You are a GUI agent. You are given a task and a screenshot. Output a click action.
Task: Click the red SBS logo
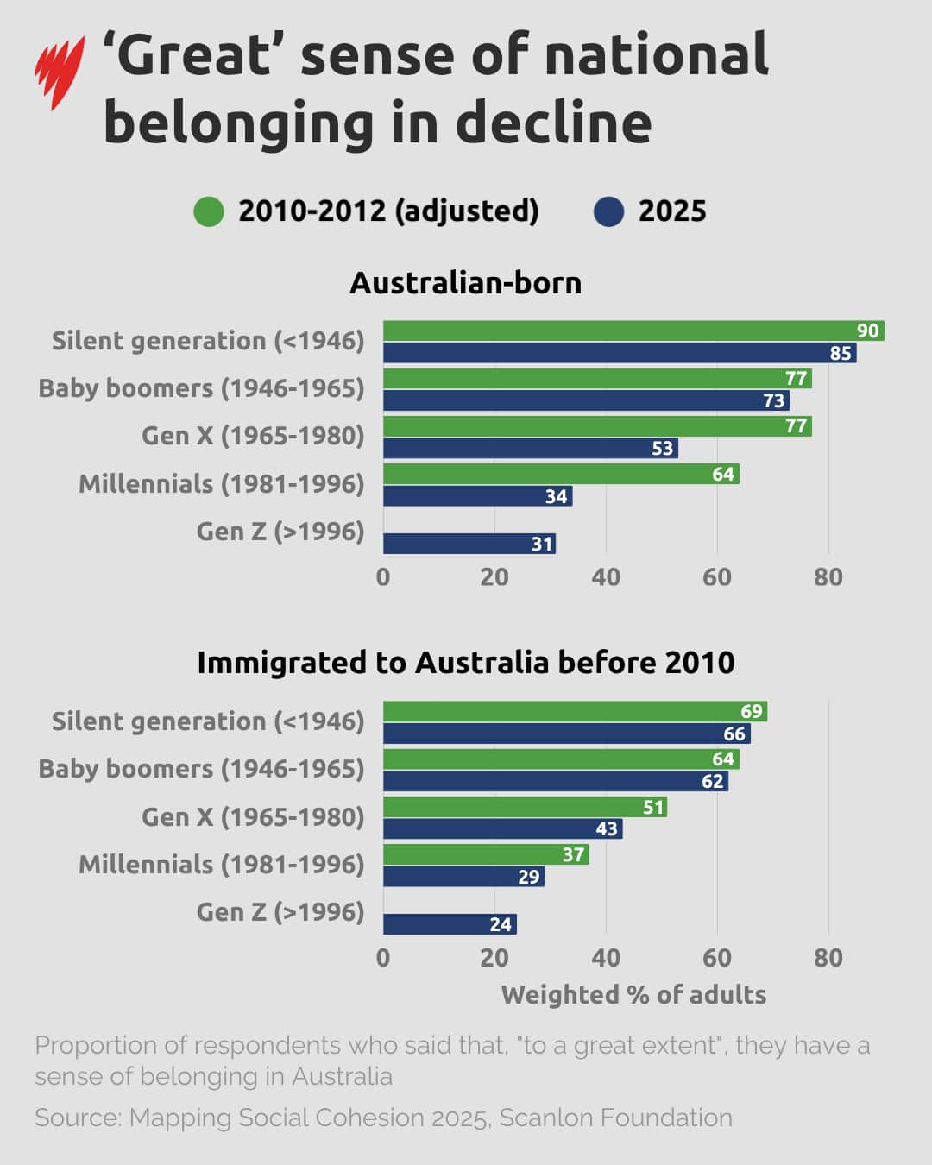click(x=59, y=72)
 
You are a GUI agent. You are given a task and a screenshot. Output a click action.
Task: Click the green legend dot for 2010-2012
click(x=209, y=211)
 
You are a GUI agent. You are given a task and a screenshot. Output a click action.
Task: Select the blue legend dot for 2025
click(x=608, y=211)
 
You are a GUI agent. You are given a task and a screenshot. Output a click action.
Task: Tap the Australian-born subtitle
click(x=465, y=283)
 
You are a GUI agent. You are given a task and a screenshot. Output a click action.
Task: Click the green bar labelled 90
click(x=633, y=331)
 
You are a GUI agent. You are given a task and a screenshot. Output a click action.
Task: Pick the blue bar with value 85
click(x=619, y=353)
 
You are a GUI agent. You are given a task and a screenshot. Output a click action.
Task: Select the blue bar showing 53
click(x=530, y=448)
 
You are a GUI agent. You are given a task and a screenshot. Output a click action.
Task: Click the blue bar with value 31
click(x=469, y=544)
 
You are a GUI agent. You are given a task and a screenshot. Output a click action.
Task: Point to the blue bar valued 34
click(x=477, y=496)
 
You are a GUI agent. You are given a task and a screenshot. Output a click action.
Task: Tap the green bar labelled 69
click(x=575, y=711)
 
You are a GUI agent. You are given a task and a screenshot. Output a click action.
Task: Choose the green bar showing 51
click(x=525, y=807)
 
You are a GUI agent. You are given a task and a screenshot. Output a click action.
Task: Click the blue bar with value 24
click(x=450, y=924)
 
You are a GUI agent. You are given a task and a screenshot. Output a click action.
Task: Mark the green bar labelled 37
click(x=486, y=854)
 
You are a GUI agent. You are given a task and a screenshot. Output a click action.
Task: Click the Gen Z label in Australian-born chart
click(x=280, y=532)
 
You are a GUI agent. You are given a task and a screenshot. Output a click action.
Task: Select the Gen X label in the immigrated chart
click(x=253, y=816)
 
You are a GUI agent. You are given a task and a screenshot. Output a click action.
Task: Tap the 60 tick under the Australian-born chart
click(x=716, y=577)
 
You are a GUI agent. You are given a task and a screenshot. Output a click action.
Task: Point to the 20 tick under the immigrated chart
click(x=494, y=958)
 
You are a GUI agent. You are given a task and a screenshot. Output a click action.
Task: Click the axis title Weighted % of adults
click(x=633, y=995)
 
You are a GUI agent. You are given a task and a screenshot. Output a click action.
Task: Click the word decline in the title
click(x=553, y=123)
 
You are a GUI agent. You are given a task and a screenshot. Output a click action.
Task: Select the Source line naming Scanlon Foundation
click(x=383, y=1118)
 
